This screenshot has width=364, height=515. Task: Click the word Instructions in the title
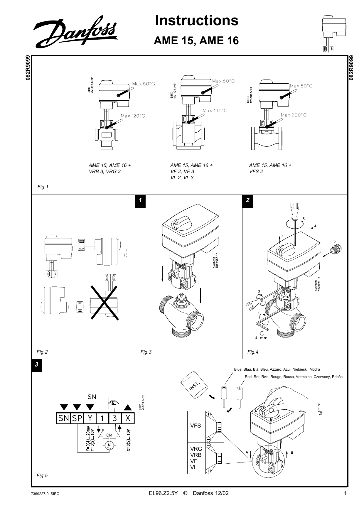coord(197,21)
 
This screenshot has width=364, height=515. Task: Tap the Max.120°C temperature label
coord(133,116)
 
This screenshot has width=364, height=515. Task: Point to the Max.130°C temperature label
coord(215,110)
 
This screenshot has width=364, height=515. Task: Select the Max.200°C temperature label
coord(294,115)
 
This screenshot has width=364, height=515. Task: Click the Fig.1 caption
coord(43,187)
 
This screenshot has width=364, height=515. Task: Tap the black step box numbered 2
coord(248,200)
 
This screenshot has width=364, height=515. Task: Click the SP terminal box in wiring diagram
coord(77,418)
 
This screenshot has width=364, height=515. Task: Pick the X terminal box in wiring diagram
coord(128,418)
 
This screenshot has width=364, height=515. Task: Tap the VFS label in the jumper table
coord(196,426)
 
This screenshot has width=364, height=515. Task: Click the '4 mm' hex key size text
coord(261,337)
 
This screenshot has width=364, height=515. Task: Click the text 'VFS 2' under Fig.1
coord(256,171)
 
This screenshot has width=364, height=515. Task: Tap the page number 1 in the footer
coord(345,493)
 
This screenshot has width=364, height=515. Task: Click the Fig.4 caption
coord(253,352)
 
